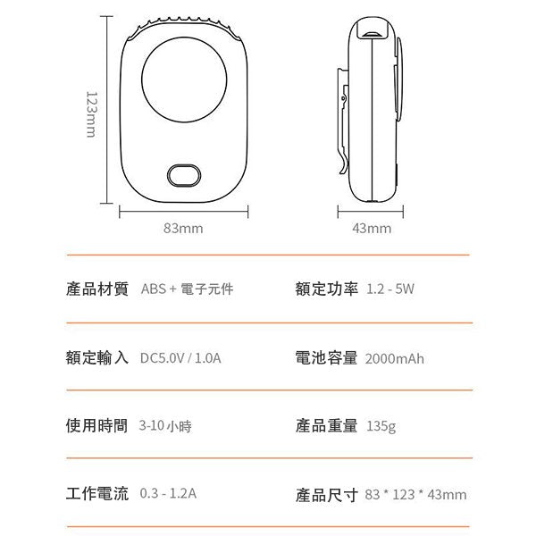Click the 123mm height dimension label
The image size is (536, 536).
click(89, 113)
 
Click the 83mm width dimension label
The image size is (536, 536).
click(183, 228)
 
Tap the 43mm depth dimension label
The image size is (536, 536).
click(372, 228)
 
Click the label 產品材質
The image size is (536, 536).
click(97, 289)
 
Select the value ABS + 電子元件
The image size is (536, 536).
click(188, 289)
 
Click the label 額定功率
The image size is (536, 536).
click(326, 289)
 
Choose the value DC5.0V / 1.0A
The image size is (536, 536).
click(180, 358)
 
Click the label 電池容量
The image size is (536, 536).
click(326, 358)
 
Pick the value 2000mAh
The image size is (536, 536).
click(395, 358)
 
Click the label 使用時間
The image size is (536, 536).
click(97, 426)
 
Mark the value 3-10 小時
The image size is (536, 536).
click(165, 426)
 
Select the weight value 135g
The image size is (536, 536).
click(381, 426)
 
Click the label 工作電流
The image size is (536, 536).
click(97, 493)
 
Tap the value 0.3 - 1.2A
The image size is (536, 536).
click(168, 493)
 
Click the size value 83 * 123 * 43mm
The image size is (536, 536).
click(416, 494)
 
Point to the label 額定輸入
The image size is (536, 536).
click(97, 358)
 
